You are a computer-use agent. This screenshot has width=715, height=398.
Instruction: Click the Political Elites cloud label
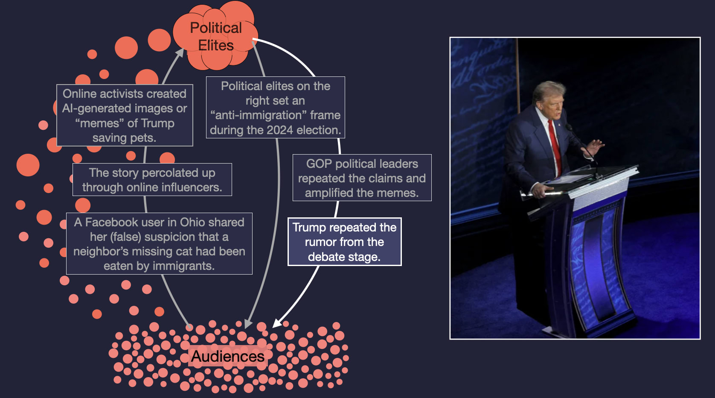(x=216, y=36)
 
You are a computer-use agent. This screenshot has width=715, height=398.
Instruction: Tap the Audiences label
(x=227, y=356)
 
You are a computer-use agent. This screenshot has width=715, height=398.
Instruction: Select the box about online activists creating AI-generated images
(x=125, y=115)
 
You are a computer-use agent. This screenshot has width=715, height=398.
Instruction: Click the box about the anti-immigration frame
(x=275, y=108)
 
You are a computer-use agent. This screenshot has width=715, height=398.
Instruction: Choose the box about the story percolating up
(x=152, y=180)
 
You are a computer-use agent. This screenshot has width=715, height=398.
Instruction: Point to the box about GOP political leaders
(x=362, y=178)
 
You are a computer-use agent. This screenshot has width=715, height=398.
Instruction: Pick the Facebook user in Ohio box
(x=159, y=243)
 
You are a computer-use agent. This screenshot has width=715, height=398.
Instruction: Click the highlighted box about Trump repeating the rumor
(x=344, y=242)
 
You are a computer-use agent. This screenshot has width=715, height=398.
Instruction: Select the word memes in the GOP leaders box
(x=399, y=193)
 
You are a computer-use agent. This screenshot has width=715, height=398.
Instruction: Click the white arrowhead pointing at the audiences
(x=277, y=323)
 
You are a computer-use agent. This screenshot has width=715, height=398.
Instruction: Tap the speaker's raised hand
(x=596, y=147)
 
